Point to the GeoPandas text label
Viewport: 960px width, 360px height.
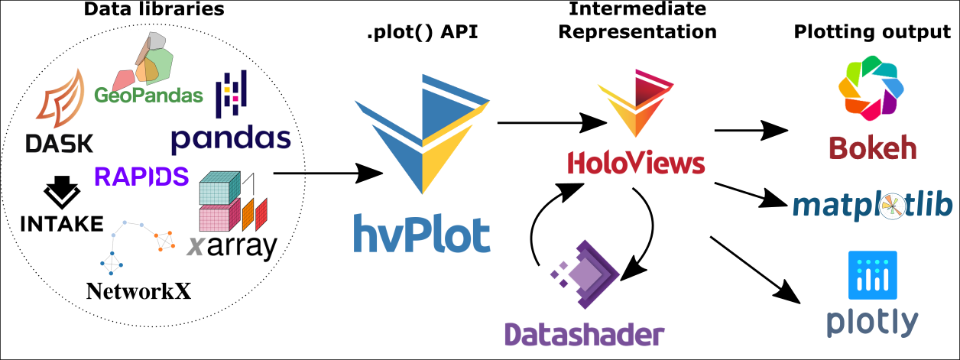pos(149,96)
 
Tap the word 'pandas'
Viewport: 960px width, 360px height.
pos(231,138)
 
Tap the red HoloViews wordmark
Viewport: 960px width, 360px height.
pos(636,163)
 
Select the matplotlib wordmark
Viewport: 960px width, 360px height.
pos(871,205)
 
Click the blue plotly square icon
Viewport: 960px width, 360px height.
pos(872,274)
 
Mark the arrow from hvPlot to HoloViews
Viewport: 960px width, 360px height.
pos(548,122)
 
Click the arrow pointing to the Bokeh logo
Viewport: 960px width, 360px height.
pos(754,131)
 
